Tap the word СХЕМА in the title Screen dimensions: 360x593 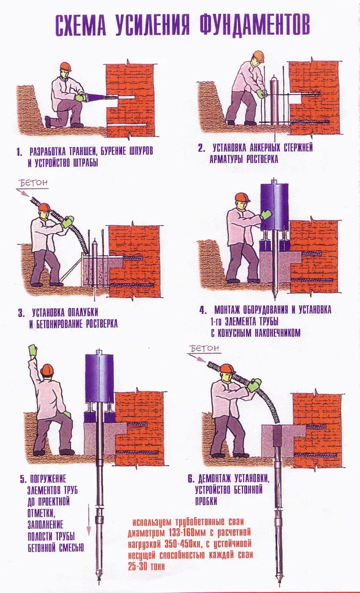[85, 25]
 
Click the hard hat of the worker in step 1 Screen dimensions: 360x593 [65, 67]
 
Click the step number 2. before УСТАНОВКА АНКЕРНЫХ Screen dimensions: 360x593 [201, 148]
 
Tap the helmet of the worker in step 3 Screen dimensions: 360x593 [44, 208]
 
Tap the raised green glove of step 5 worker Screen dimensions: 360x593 [33, 349]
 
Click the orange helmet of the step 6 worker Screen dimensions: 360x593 [227, 368]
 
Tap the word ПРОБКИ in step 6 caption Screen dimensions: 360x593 [207, 502]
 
